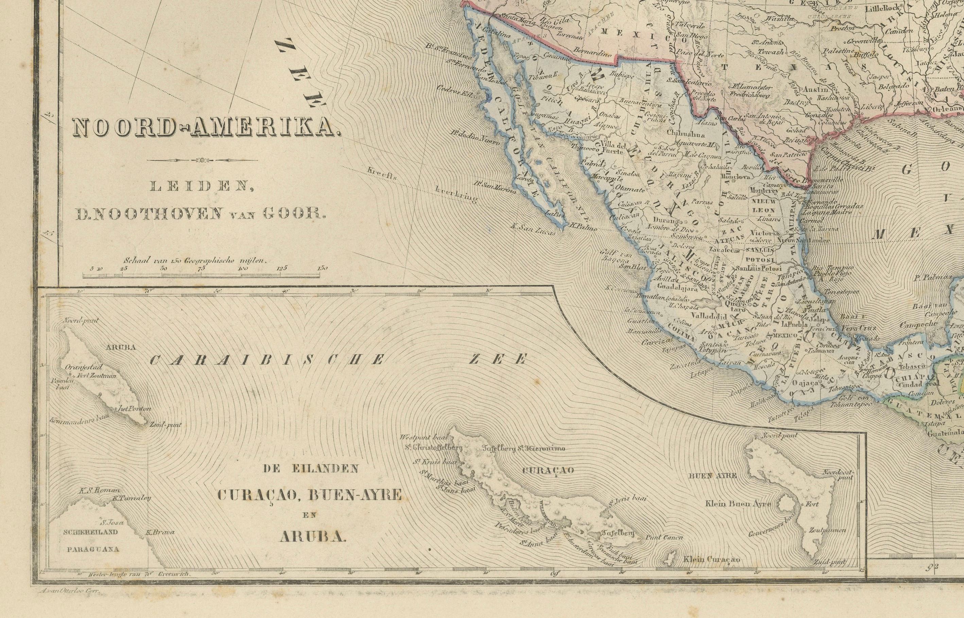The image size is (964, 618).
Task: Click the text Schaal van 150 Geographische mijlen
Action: pos(195,260)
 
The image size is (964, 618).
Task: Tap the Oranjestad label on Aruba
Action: pos(86,367)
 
